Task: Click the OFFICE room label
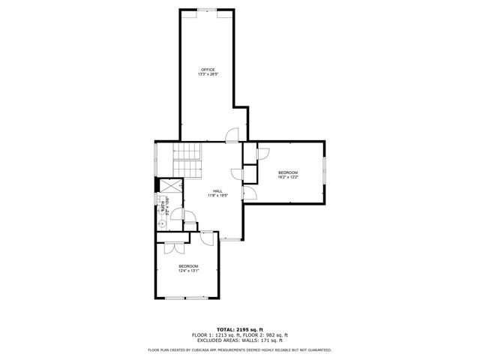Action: click(207, 70)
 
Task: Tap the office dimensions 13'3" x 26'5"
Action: click(207, 74)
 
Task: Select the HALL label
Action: click(217, 190)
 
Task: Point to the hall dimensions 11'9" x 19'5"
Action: click(217, 195)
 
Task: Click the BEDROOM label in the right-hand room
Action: click(288, 172)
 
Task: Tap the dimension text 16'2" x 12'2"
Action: click(288, 178)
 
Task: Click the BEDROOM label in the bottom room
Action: click(188, 266)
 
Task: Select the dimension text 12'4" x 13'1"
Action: click(188, 271)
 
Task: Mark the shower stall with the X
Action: click(169, 186)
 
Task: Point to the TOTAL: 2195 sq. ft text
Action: click(239, 329)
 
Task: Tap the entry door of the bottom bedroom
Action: click(205, 238)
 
